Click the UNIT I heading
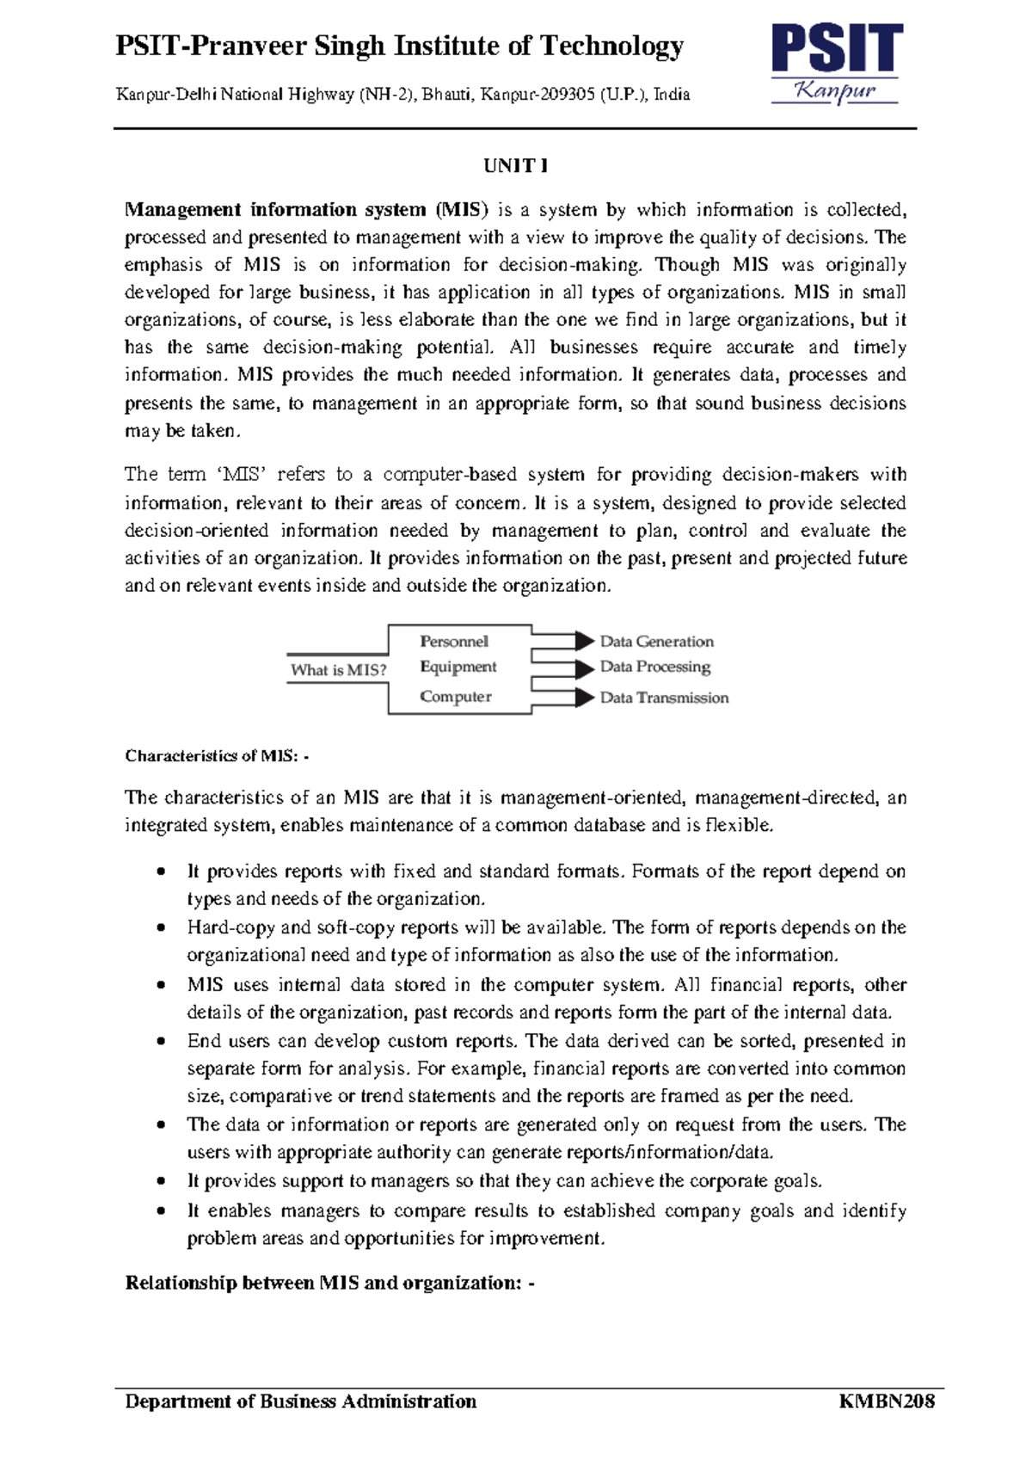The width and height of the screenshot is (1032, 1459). [x=515, y=165]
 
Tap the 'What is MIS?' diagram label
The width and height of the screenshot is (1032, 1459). [x=338, y=670]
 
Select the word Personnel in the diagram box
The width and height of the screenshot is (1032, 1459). [x=454, y=642]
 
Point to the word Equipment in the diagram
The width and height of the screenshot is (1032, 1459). [x=458, y=667]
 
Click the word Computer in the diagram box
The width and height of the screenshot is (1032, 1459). [x=456, y=697]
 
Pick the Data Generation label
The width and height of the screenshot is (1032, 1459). [x=656, y=642]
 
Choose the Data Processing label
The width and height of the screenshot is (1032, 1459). [x=655, y=667]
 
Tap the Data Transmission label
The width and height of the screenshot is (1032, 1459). [x=664, y=698]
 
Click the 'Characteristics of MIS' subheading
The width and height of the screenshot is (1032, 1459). [x=216, y=756]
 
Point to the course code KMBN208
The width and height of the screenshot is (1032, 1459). [x=886, y=1401]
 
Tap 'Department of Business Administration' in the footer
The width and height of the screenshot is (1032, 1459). [x=300, y=1401]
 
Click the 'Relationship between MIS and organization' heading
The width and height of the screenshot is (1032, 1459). [x=329, y=1284]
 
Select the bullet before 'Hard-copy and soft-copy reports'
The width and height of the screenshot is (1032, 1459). [x=161, y=928]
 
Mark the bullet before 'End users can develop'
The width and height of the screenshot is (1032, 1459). [x=161, y=1042]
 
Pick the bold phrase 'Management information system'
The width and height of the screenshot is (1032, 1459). [x=275, y=210]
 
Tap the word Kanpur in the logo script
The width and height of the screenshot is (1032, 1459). [x=835, y=90]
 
